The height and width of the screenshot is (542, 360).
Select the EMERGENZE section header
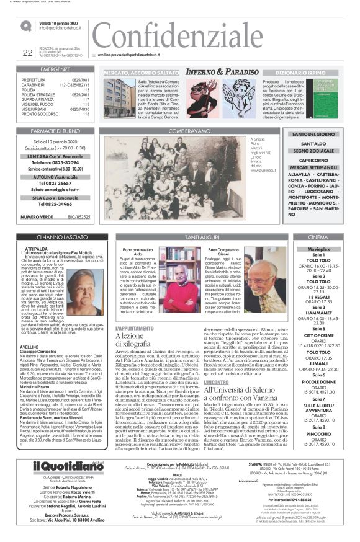(x=55, y=69)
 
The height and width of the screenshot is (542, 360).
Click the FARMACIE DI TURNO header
(x=55, y=131)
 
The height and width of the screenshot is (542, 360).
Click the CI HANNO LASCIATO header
(x=56, y=237)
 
